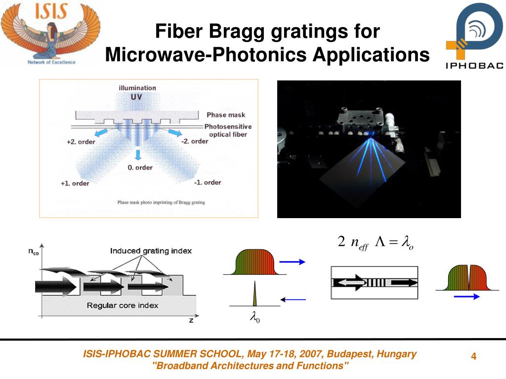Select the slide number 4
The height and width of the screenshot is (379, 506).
(473, 357)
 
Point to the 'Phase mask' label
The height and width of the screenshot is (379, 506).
(226, 115)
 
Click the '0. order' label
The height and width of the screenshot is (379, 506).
(140, 168)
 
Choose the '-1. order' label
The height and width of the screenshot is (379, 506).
(207, 182)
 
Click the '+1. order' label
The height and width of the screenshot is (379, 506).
(75, 183)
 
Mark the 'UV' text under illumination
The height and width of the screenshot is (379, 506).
(136, 97)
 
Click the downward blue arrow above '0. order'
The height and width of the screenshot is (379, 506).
(138, 154)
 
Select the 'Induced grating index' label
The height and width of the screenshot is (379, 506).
(151, 251)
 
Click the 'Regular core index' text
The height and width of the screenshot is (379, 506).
(123, 305)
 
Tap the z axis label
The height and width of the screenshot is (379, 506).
(191, 320)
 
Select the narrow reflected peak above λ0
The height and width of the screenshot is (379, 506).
(255, 294)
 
